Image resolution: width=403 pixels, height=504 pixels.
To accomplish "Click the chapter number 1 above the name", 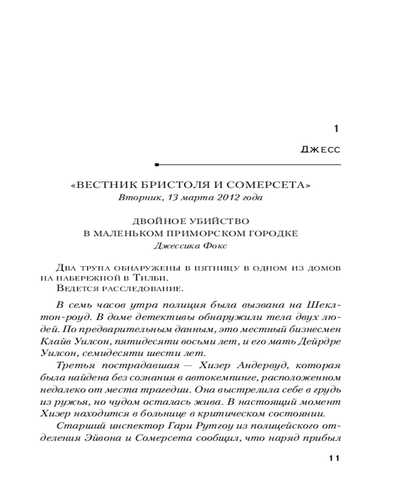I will point(337,129).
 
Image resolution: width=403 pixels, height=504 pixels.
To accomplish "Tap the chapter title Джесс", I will point(320,150).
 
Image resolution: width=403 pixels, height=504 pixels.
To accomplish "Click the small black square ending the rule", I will point(157,165).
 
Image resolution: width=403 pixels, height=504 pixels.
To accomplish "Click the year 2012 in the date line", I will point(232,198).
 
